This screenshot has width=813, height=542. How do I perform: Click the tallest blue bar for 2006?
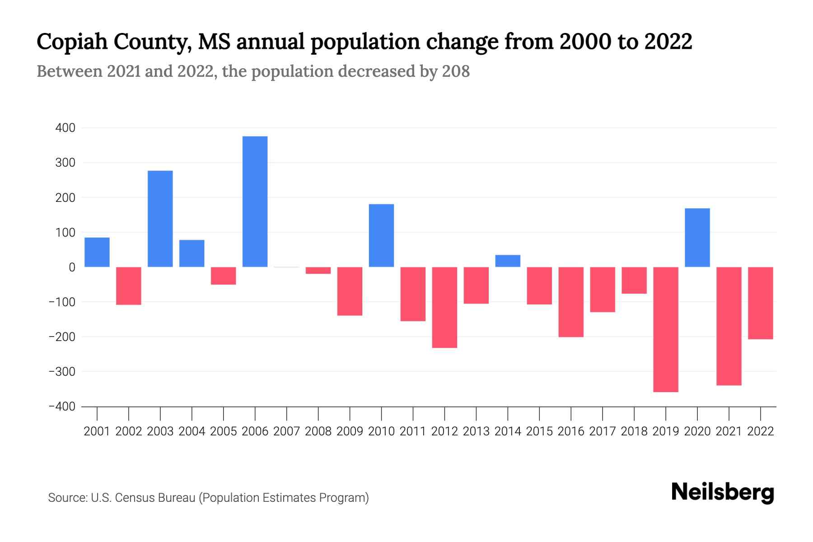coord(255,201)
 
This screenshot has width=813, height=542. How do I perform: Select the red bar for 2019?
coord(666,329)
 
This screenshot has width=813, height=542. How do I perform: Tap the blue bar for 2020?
coord(697,238)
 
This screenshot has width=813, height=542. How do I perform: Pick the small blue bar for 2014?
coord(508,261)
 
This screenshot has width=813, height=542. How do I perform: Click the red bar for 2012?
coord(444,307)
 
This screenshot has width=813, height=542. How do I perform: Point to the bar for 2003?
coord(160,219)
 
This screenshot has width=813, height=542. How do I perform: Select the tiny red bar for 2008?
coord(318,271)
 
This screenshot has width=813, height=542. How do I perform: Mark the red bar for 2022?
coord(761,303)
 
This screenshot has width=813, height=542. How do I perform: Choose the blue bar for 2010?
coord(381,235)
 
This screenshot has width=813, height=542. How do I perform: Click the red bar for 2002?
coord(129,286)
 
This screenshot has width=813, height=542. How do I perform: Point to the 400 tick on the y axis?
coord(65,128)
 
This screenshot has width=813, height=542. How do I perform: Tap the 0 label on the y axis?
coord(72,267)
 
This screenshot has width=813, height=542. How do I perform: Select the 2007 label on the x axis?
coord(286,431)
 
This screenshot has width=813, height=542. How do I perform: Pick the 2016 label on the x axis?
coord(571,431)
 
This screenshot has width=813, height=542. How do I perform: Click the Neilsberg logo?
coord(722,492)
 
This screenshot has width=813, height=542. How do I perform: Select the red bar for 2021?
coord(729,326)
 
